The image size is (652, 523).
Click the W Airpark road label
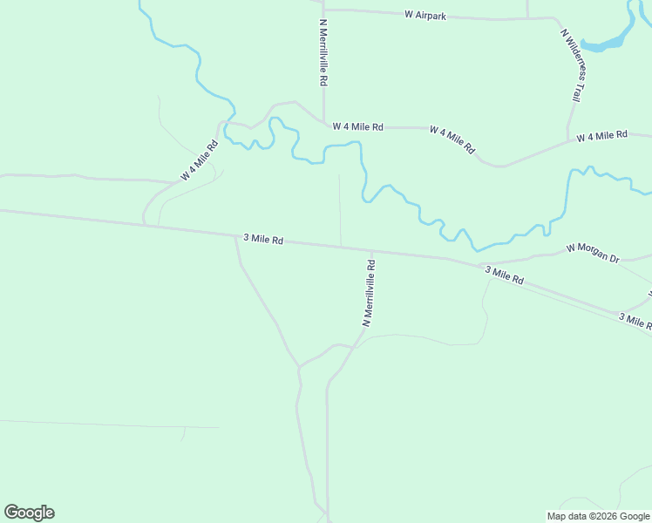click(424, 15)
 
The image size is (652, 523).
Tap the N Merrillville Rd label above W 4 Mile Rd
click(323, 52)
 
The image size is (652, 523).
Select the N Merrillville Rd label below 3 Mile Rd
click(369, 289)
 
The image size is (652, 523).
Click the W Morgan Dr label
click(592, 253)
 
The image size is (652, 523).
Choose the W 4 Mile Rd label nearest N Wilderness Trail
click(602, 136)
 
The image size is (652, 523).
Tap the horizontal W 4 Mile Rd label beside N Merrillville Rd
click(357, 126)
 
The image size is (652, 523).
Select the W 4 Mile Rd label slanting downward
click(452, 139)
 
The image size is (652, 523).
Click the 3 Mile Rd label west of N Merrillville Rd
click(262, 238)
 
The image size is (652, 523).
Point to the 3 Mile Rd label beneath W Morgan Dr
click(504, 276)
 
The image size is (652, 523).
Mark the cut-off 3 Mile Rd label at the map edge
click(635, 321)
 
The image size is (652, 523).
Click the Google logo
click(29, 513)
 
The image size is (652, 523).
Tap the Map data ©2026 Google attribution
click(598, 516)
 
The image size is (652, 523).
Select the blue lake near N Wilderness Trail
click(605, 42)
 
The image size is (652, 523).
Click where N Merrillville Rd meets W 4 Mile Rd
click(323, 126)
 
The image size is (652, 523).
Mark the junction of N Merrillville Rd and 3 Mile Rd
click(372, 250)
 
